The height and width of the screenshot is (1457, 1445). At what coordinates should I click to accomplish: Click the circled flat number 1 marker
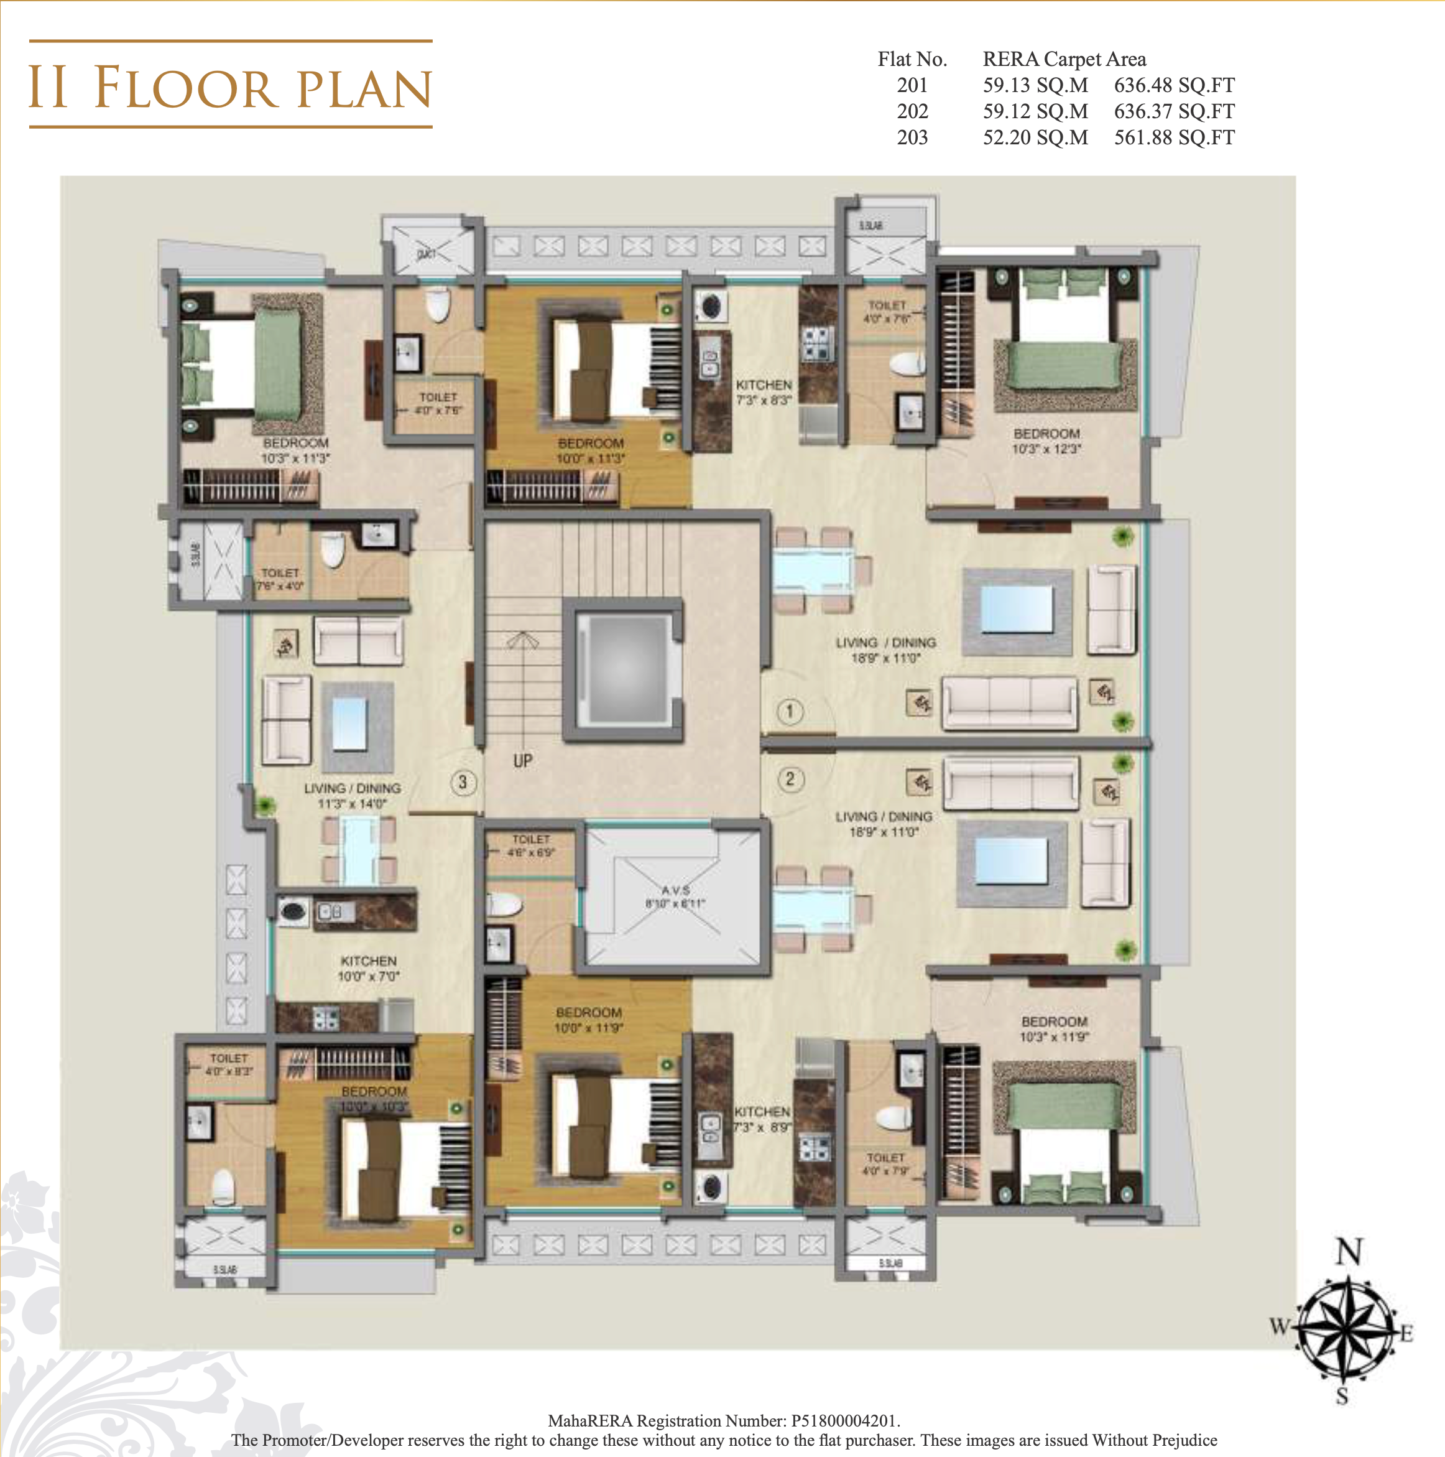pyautogui.click(x=789, y=711)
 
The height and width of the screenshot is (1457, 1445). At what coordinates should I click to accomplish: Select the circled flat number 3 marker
pyautogui.click(x=463, y=782)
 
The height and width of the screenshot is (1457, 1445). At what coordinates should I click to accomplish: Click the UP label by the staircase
pyautogui.click(x=522, y=761)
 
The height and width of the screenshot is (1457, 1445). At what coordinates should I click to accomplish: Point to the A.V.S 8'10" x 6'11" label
pyautogui.click(x=675, y=896)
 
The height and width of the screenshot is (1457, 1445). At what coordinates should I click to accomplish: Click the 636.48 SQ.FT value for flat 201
pyautogui.click(x=1174, y=85)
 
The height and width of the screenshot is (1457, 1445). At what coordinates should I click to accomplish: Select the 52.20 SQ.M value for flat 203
pyautogui.click(x=1035, y=137)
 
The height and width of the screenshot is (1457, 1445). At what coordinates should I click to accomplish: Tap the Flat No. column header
pyautogui.click(x=912, y=59)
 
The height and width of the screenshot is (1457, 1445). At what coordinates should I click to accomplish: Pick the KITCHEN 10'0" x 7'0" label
pyautogui.click(x=368, y=968)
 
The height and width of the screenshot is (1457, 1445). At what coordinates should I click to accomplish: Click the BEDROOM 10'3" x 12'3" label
pyautogui.click(x=1046, y=441)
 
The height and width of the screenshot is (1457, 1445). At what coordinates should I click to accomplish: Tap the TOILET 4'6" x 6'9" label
pyautogui.click(x=530, y=845)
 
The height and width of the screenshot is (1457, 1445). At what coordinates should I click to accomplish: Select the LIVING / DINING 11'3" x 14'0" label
pyautogui.click(x=352, y=796)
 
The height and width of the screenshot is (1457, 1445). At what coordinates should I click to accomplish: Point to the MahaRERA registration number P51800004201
pyautogui.click(x=844, y=1421)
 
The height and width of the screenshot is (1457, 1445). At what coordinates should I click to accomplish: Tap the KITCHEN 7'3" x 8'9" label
pyautogui.click(x=762, y=1119)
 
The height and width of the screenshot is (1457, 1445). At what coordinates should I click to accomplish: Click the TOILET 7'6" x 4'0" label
pyautogui.click(x=280, y=579)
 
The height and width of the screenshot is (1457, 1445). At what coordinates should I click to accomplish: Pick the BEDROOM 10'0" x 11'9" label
pyautogui.click(x=589, y=1020)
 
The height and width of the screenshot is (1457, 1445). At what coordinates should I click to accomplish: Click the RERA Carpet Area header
pyautogui.click(x=1064, y=59)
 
